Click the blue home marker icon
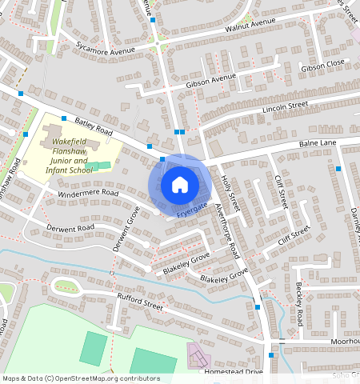coord(180,185)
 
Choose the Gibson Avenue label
coord(210,80)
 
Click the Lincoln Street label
coord(285,106)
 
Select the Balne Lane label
coord(318,144)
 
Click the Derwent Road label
coord(71,228)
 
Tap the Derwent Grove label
coord(126,230)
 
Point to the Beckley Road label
coord(298,304)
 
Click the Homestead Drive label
coord(234,371)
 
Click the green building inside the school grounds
coord(99,166)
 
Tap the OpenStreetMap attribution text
coord(81,378)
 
